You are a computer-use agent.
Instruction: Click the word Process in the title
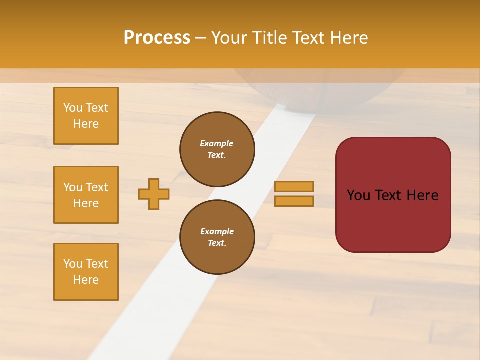pos(157,38)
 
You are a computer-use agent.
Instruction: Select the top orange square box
pos(86,116)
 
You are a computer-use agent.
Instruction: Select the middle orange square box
pos(86,195)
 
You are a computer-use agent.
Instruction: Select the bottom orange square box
pos(86,272)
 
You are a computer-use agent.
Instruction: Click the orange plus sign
pos(154,194)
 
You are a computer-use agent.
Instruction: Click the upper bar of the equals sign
pos(294,186)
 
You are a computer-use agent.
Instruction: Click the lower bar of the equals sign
pos(294,201)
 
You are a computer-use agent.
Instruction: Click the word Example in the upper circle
pos(217,143)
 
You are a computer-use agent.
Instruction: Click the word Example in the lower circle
pos(217,231)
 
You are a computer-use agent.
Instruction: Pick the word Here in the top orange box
pos(86,124)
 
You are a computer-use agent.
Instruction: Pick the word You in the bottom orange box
pos(72,264)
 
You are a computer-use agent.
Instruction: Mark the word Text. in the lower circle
pos(217,243)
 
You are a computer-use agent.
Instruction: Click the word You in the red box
pos(359,195)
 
